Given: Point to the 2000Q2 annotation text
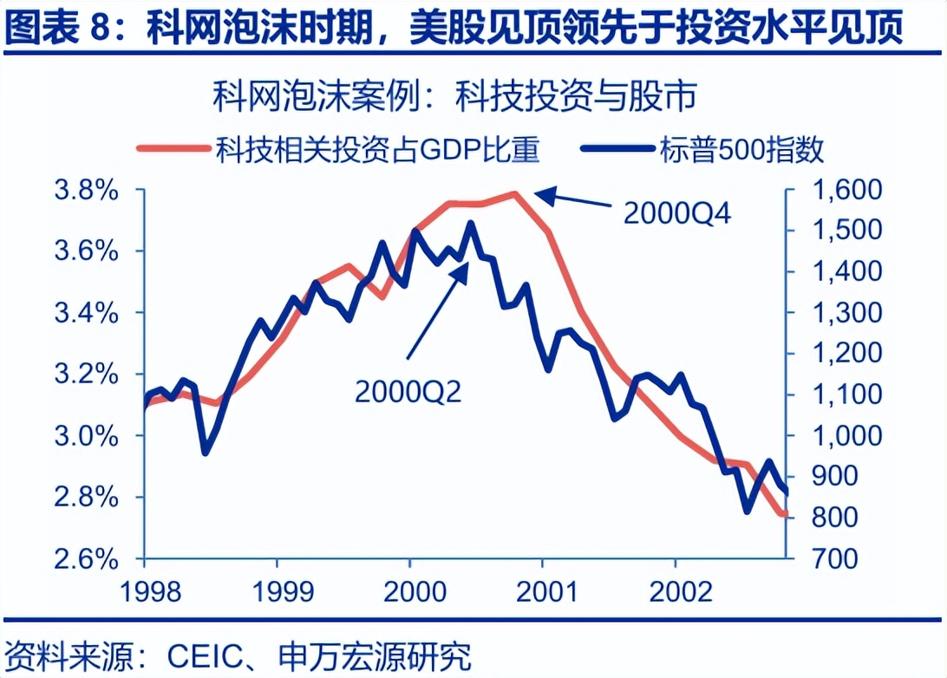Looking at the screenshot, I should click(408, 391).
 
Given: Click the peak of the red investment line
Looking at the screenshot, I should click(515, 193).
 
